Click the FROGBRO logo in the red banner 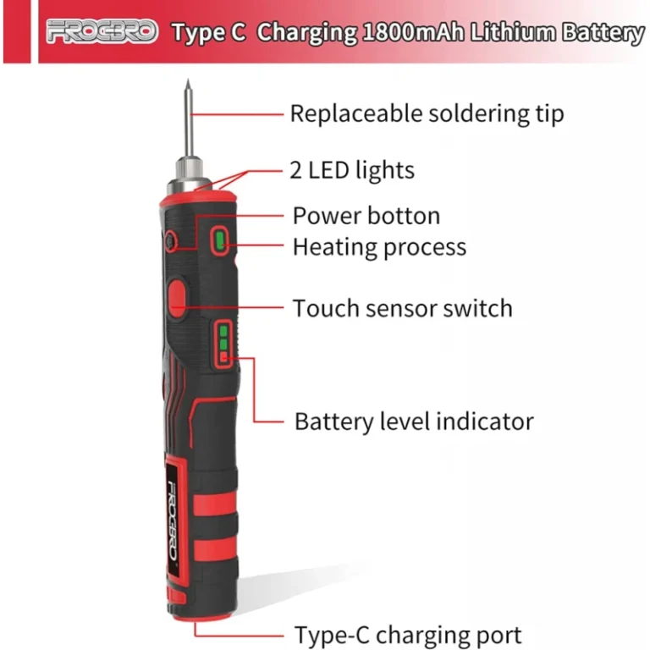pos(102,31)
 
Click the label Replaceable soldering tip pos(427,113)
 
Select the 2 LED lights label pos(352,170)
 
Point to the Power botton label pos(366,216)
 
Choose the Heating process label pos(380,247)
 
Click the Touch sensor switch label pos(403,308)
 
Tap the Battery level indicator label pos(414,421)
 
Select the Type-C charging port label pos(408,635)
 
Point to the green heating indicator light pos(220,240)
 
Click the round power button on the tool pos(170,241)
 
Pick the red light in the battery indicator pos(223,356)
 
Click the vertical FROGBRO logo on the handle pos(174,521)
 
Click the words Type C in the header pos(209,33)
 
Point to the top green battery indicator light pos(223,331)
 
